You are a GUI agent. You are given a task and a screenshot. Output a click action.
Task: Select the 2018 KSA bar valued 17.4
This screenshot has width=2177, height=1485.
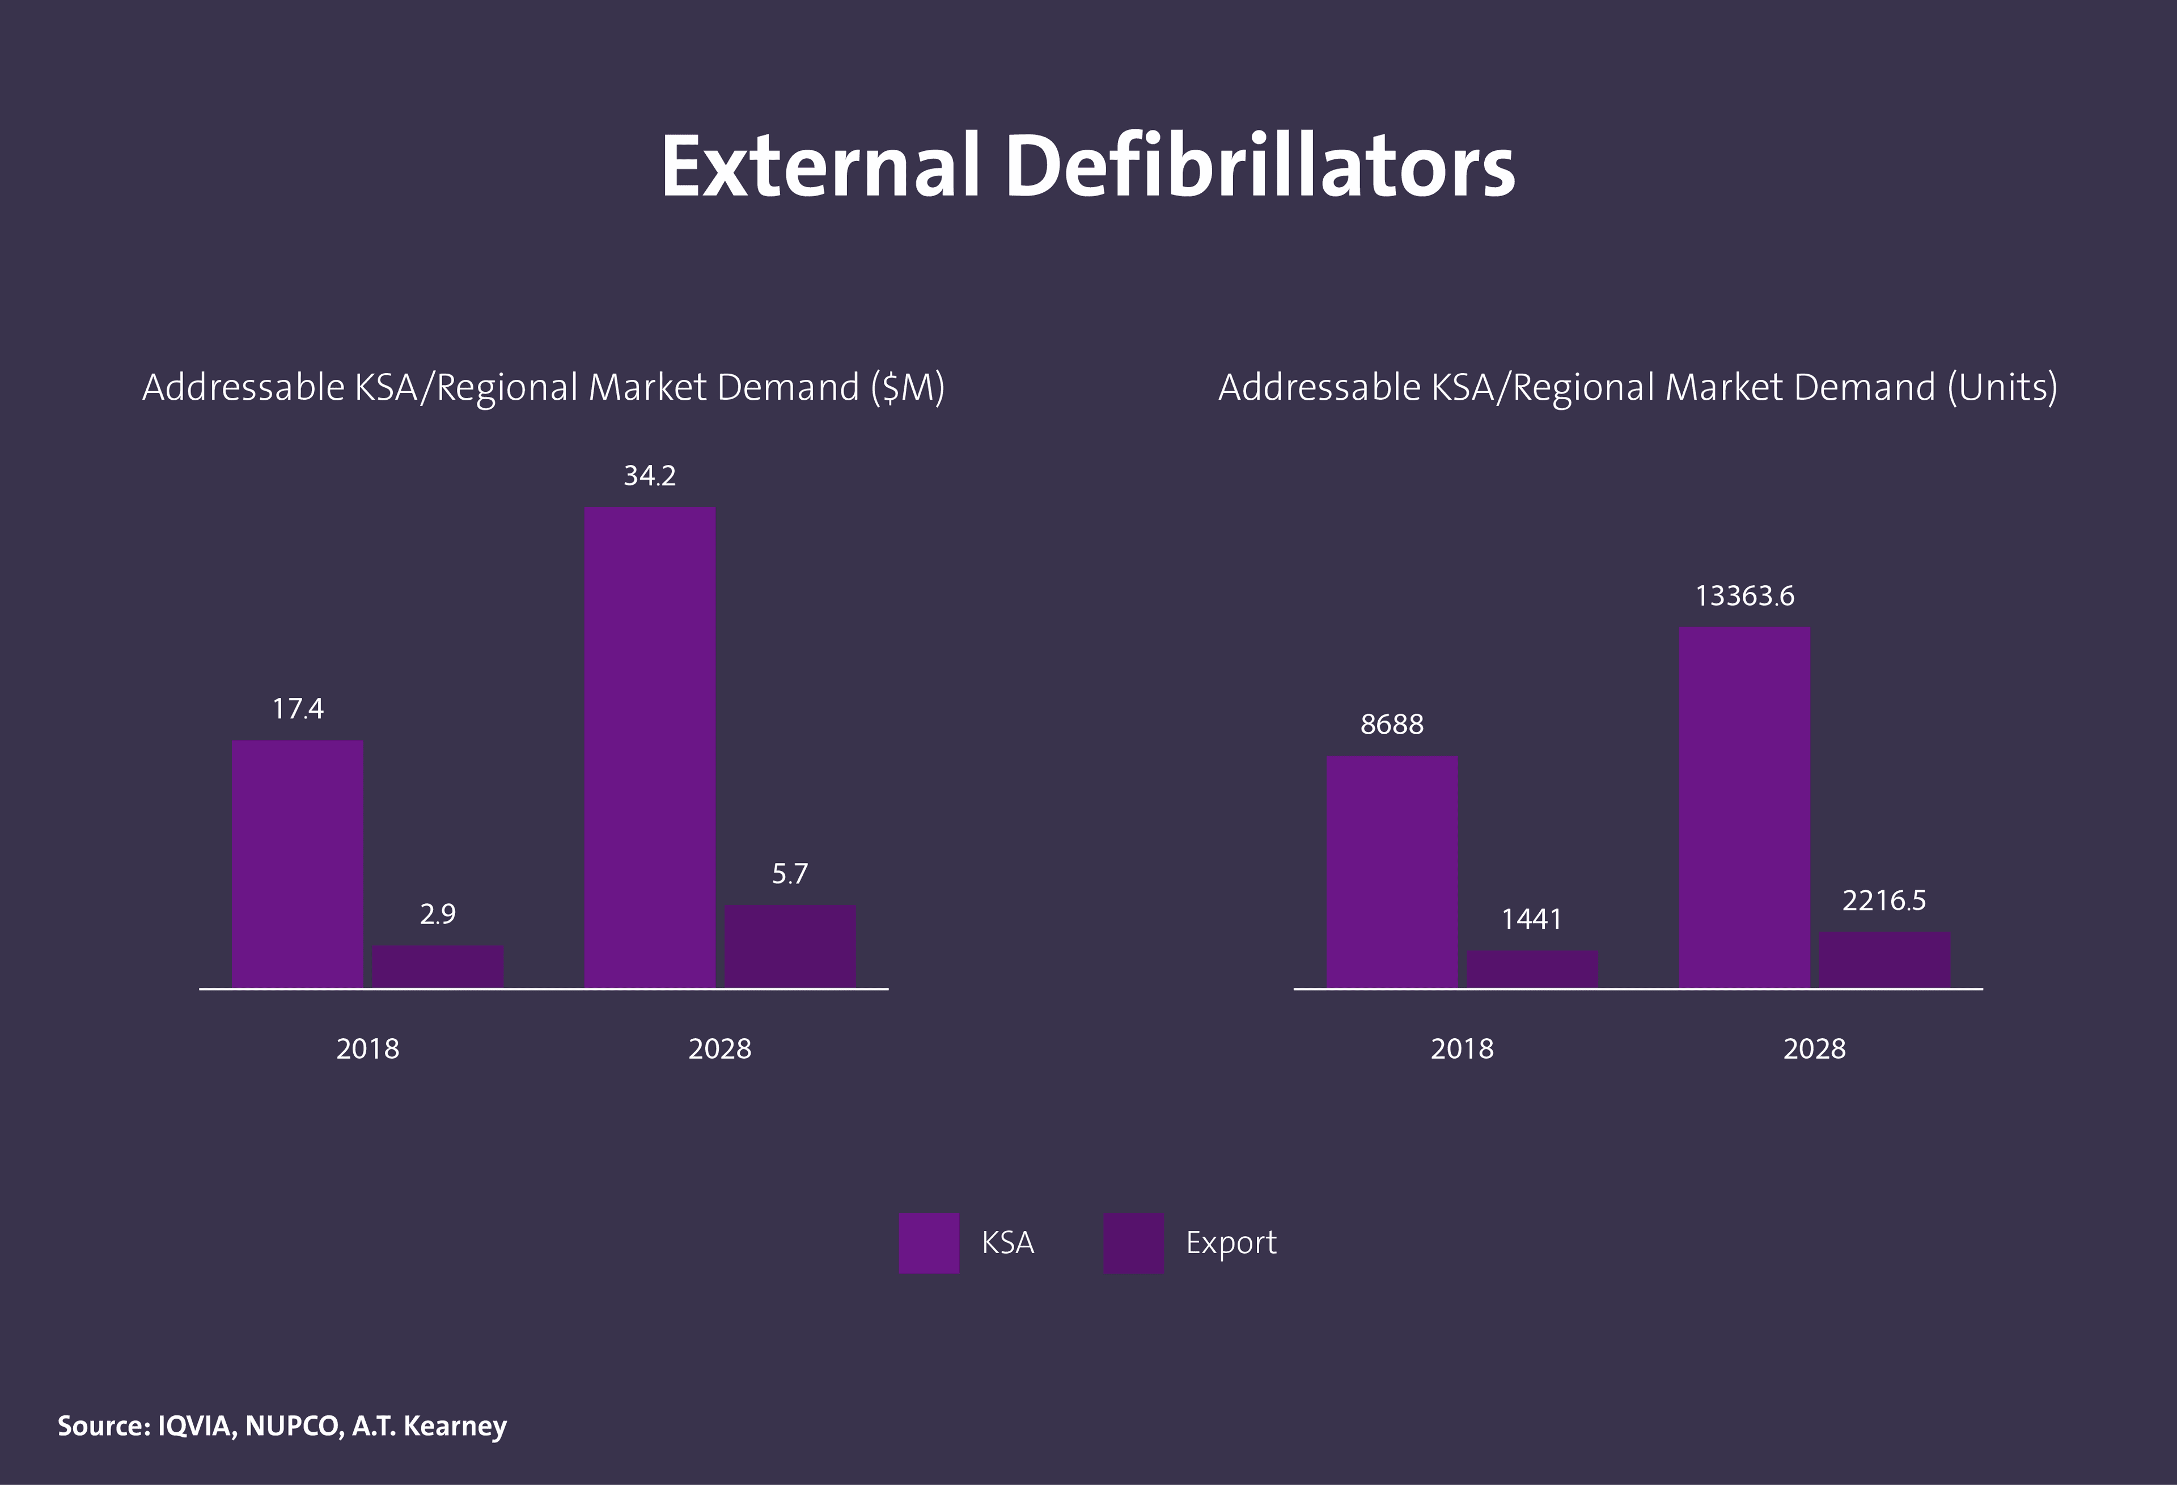point(298,863)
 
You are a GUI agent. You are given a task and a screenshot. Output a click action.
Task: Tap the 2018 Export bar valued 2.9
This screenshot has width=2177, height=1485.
point(438,966)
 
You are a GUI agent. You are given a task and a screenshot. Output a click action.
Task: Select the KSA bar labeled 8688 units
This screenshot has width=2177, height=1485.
point(1392,871)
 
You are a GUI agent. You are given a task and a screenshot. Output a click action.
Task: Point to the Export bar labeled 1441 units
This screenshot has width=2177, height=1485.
point(1532,969)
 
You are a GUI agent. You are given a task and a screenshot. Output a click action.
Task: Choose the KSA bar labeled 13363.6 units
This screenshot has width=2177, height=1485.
point(1744,807)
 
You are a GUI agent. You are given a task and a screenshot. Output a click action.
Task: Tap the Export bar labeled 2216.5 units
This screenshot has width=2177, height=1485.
point(1884,959)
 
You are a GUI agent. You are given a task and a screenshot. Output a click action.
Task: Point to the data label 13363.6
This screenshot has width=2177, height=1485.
point(1744,596)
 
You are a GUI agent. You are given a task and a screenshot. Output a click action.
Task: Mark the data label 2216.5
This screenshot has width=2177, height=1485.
point(1884,900)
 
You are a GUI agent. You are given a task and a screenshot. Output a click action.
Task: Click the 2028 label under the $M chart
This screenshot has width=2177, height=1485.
point(719,1048)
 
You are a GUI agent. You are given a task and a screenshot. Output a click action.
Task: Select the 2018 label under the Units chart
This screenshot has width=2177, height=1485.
point(1462,1048)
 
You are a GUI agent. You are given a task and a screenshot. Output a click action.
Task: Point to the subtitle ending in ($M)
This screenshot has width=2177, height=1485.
point(543,387)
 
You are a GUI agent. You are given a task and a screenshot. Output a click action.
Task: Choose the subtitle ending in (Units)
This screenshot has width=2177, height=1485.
point(1637,387)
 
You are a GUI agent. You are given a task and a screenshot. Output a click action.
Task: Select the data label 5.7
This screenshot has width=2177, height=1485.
point(790,874)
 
